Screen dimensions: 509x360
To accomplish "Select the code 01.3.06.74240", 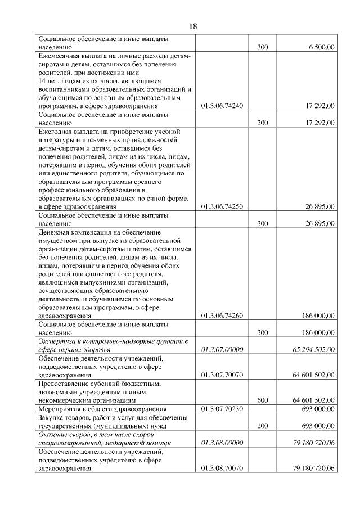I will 222,106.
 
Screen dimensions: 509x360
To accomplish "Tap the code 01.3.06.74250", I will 222,206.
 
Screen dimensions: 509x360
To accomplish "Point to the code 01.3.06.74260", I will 222,316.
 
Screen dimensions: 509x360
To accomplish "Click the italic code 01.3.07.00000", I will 222,350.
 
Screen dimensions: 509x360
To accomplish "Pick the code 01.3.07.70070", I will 222,375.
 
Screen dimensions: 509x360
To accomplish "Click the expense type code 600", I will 262,399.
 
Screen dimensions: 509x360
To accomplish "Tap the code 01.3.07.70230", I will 222,408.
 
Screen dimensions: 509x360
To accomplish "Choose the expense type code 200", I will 262,425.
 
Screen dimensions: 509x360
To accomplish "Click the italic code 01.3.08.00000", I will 222,443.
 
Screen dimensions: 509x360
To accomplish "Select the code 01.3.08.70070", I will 222,468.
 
